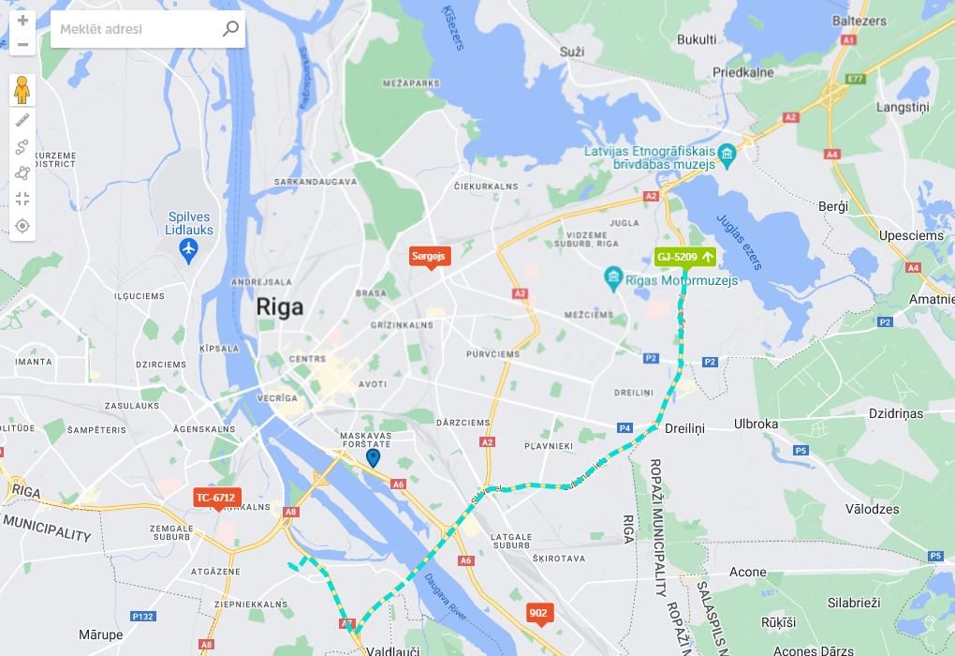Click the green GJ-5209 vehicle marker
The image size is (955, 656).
(x=685, y=257)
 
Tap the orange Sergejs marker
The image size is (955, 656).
(x=431, y=256)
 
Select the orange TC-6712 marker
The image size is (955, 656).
(x=216, y=498)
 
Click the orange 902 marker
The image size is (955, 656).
(x=538, y=613)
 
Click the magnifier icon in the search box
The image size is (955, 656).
(x=230, y=29)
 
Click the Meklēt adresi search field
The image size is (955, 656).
(x=136, y=29)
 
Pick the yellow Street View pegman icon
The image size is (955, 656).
(x=22, y=90)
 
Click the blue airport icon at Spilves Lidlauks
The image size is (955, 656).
(x=189, y=250)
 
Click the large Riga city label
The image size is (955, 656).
(x=279, y=307)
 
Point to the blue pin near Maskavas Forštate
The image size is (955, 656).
(x=373, y=457)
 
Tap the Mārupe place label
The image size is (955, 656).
(x=100, y=634)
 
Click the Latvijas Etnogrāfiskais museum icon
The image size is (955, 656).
(x=727, y=153)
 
